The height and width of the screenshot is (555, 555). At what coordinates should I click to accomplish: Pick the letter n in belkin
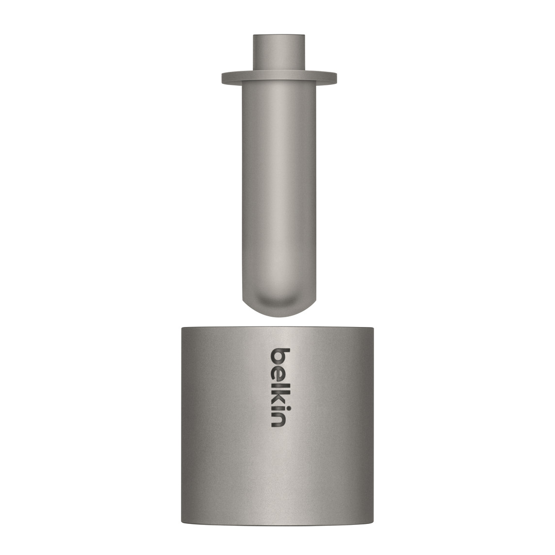(x=278, y=420)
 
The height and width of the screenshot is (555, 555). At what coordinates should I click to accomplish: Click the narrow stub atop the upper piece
(x=279, y=52)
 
